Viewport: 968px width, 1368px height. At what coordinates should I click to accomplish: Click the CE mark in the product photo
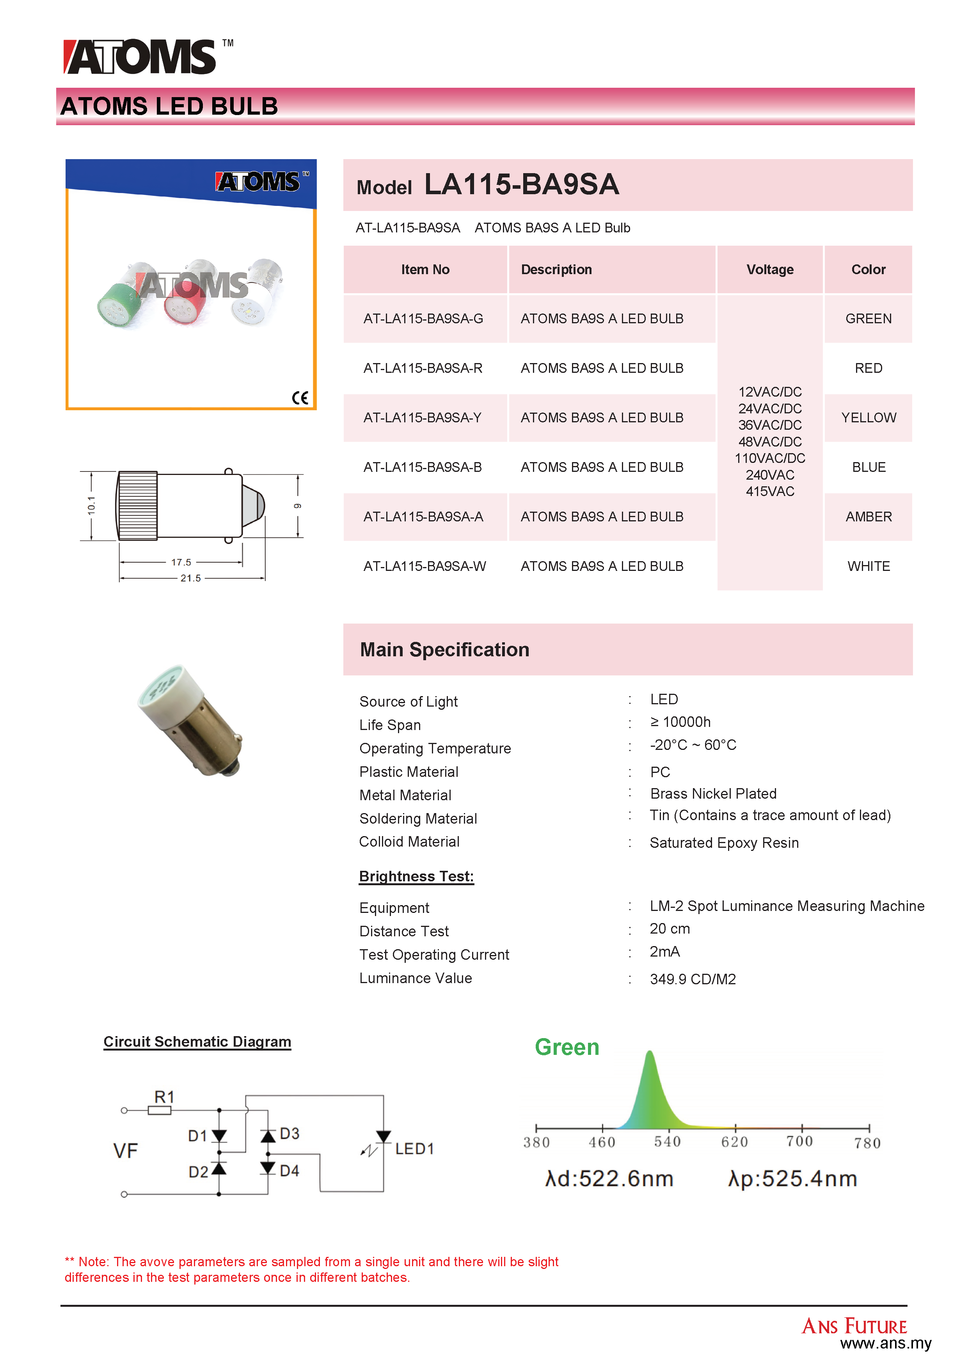pyautogui.click(x=300, y=398)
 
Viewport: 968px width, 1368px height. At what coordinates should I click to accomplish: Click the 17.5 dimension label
pyautogui.click(x=181, y=562)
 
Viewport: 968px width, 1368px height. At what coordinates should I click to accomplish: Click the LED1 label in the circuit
pyautogui.click(x=414, y=1149)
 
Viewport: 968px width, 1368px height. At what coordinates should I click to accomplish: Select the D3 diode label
pyautogui.click(x=290, y=1133)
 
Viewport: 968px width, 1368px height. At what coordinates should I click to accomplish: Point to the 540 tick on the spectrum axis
pyautogui.click(x=668, y=1141)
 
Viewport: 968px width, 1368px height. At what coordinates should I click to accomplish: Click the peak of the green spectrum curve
pyautogui.click(x=650, y=1053)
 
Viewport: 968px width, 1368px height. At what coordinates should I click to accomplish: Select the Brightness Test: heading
pyautogui.click(x=416, y=877)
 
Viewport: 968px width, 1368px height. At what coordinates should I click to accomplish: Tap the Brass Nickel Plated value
pyautogui.click(x=713, y=794)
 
